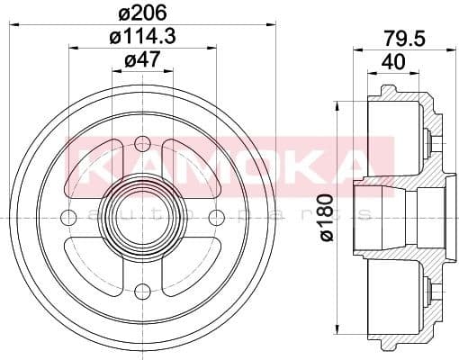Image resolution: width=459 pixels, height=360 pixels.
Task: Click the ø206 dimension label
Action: pos(142,12)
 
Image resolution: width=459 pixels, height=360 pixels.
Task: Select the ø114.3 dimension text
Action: pos(142,38)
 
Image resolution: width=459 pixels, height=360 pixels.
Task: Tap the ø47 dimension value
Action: pos(141,62)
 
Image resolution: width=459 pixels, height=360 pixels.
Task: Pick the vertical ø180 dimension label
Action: pos(326,217)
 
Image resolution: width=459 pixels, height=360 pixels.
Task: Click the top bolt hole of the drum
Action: pos(142,142)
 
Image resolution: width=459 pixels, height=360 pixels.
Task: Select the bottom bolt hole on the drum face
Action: pos(142,291)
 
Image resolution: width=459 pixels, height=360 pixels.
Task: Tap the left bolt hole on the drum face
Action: pos(68,217)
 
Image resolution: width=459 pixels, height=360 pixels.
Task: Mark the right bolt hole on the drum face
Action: pos(216,217)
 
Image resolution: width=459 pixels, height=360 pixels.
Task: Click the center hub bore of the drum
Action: pos(142,217)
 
